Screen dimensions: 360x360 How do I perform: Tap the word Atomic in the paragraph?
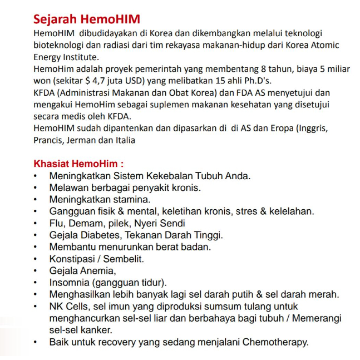coord(324,45)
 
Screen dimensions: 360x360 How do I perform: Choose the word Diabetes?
coord(102,235)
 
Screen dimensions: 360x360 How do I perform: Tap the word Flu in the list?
coord(57,223)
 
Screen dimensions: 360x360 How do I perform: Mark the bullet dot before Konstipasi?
coord(36,259)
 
